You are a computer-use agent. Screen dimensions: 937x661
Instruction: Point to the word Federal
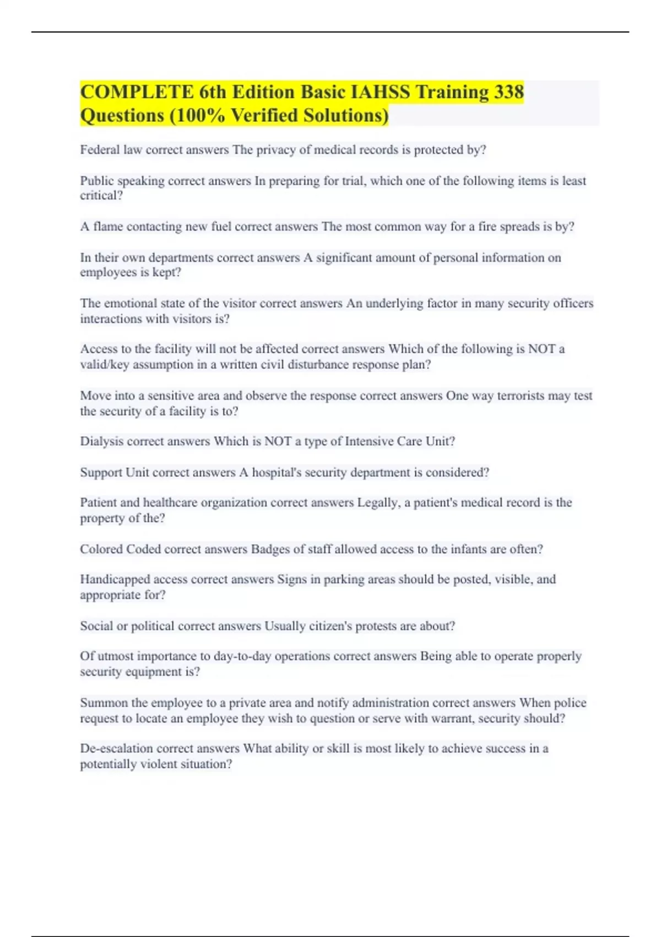(x=100, y=150)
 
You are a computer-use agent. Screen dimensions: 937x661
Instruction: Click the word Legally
(x=378, y=503)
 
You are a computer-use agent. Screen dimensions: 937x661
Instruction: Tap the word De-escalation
(x=116, y=748)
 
